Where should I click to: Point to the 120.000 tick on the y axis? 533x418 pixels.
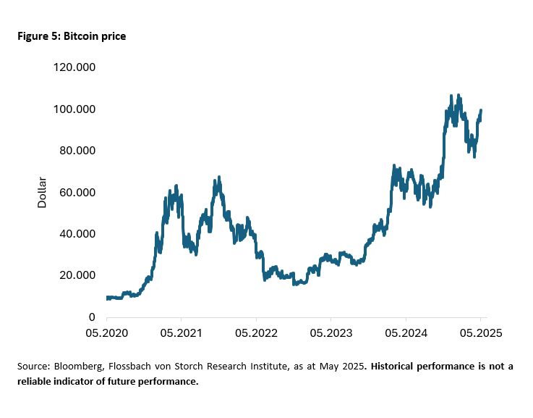click(x=75, y=67)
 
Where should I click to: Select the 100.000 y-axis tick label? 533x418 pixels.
click(x=75, y=109)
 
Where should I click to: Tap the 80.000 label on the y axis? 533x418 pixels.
click(x=78, y=151)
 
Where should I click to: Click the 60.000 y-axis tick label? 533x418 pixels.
click(x=78, y=192)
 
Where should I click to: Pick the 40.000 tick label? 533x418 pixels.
click(x=78, y=233)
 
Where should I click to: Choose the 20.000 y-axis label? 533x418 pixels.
click(x=78, y=275)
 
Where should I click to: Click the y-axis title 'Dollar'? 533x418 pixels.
click(x=42, y=192)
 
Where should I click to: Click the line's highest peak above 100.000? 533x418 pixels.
click(x=451, y=96)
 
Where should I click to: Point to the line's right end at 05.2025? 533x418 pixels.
click(x=481, y=111)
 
